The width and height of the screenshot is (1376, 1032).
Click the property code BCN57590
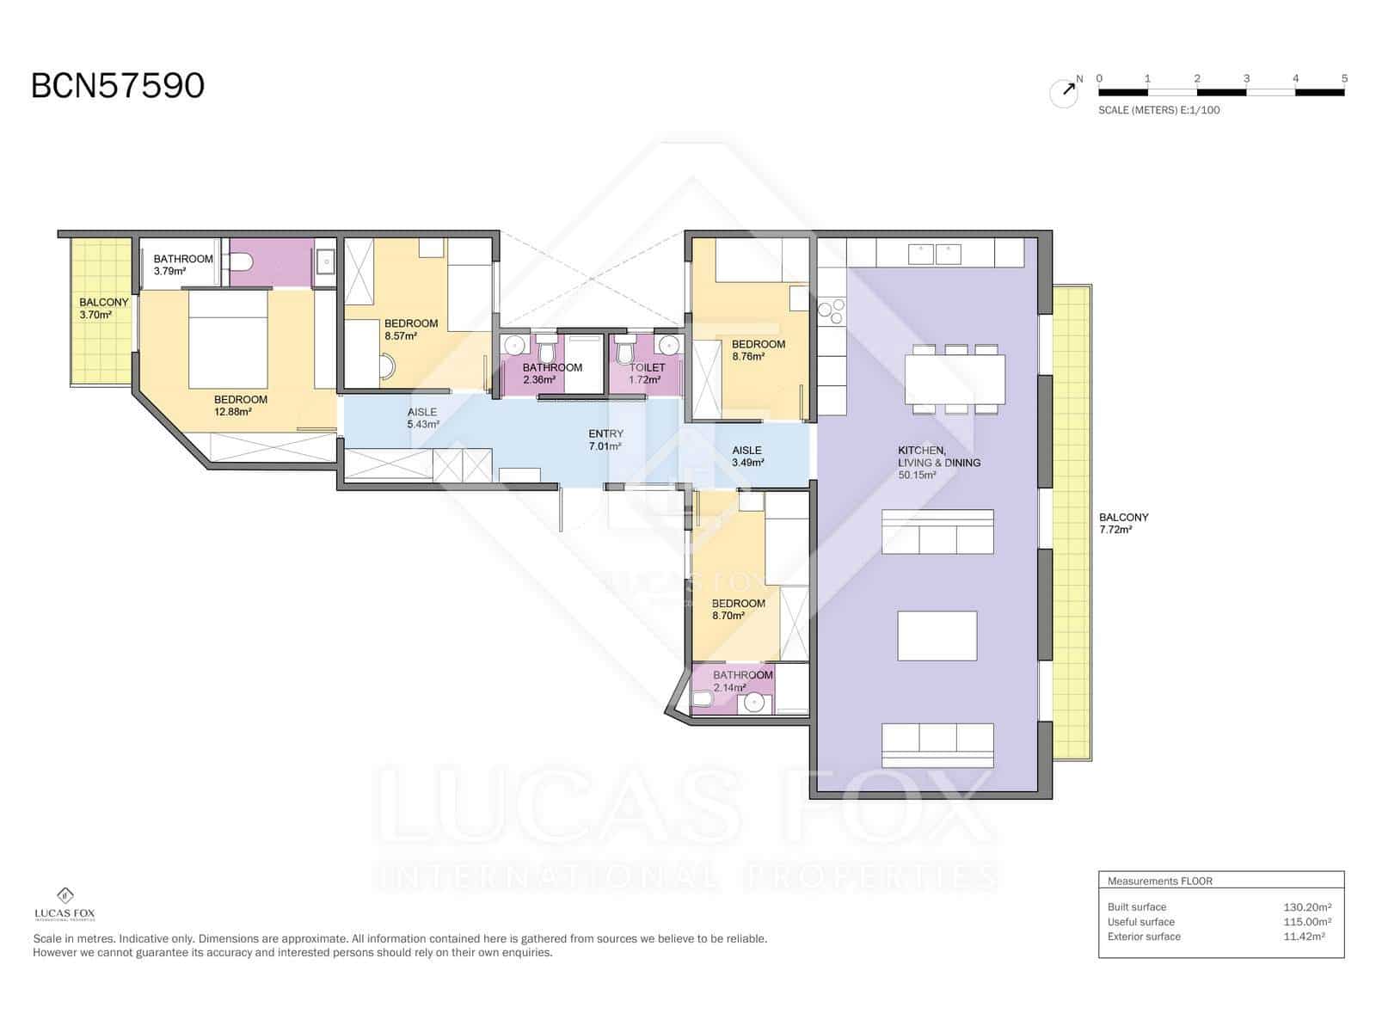pos(118,86)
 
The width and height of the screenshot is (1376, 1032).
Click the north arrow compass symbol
pos(1065,93)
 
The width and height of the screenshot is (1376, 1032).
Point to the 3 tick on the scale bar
pos(1246,79)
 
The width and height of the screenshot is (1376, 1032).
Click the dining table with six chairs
pos(955,379)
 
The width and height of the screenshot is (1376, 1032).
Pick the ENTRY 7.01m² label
pos(605,439)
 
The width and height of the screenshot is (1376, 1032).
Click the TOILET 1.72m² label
pos(646,373)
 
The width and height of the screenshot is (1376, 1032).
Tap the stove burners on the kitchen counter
pos(832,310)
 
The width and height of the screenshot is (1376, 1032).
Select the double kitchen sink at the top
pos(935,254)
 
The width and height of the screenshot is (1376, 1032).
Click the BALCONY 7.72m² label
pos(1123,523)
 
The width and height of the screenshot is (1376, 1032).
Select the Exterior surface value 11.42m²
pos(1303,937)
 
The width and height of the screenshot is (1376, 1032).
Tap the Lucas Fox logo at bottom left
pos(64,904)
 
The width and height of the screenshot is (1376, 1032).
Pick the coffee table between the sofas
pos(937,636)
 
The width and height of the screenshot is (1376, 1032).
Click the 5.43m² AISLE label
pos(422,418)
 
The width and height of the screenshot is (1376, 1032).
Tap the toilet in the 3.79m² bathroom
pos(241,261)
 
